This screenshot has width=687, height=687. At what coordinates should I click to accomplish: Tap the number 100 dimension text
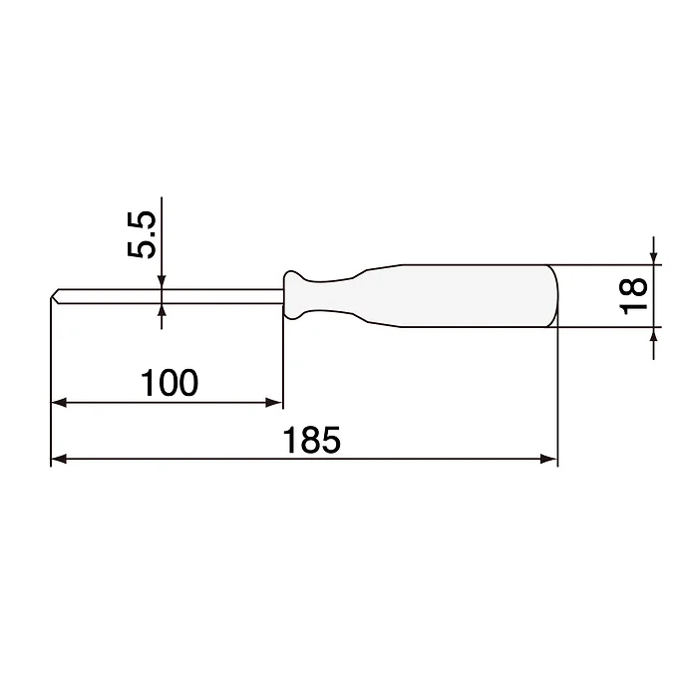coord(170,382)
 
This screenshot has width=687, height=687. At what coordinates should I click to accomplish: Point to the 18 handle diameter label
coord(633,296)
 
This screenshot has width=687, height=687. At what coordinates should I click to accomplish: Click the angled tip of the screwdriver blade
coord(56,295)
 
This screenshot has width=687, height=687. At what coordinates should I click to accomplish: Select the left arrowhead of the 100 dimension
coord(58,403)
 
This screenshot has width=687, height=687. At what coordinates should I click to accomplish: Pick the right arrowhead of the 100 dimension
coord(275,403)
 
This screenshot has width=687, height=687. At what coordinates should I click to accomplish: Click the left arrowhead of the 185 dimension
coord(58,459)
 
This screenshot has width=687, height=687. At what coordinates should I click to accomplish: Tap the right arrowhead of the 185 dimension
coord(548,459)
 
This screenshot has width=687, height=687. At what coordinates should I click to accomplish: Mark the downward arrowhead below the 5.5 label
coord(163,283)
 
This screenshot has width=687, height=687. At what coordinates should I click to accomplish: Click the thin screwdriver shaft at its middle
coord(170,295)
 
